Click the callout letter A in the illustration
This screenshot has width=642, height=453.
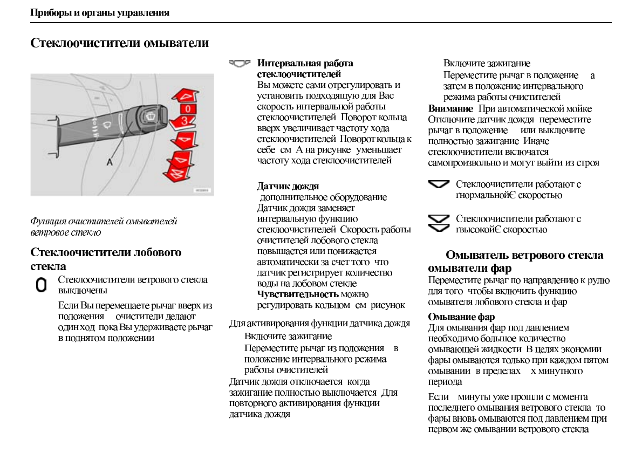pyautogui.click(x=110, y=161)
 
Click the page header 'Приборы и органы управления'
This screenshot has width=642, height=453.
pyautogui.click(x=100, y=12)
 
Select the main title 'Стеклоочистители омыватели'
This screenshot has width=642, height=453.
pyautogui.click(x=119, y=42)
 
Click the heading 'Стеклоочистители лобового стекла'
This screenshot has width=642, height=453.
pyautogui.click(x=106, y=252)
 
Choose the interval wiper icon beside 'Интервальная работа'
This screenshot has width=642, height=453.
pyautogui.click(x=240, y=64)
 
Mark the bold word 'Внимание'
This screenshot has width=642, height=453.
pyautogui.click(x=450, y=108)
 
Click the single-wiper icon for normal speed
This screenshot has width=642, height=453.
pyautogui.click(x=439, y=185)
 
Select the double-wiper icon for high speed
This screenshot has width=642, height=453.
pyautogui.click(x=439, y=223)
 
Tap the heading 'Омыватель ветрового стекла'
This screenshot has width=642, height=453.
pyautogui.click(x=524, y=255)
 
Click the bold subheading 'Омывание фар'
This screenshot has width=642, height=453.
pyautogui.click(x=461, y=317)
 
